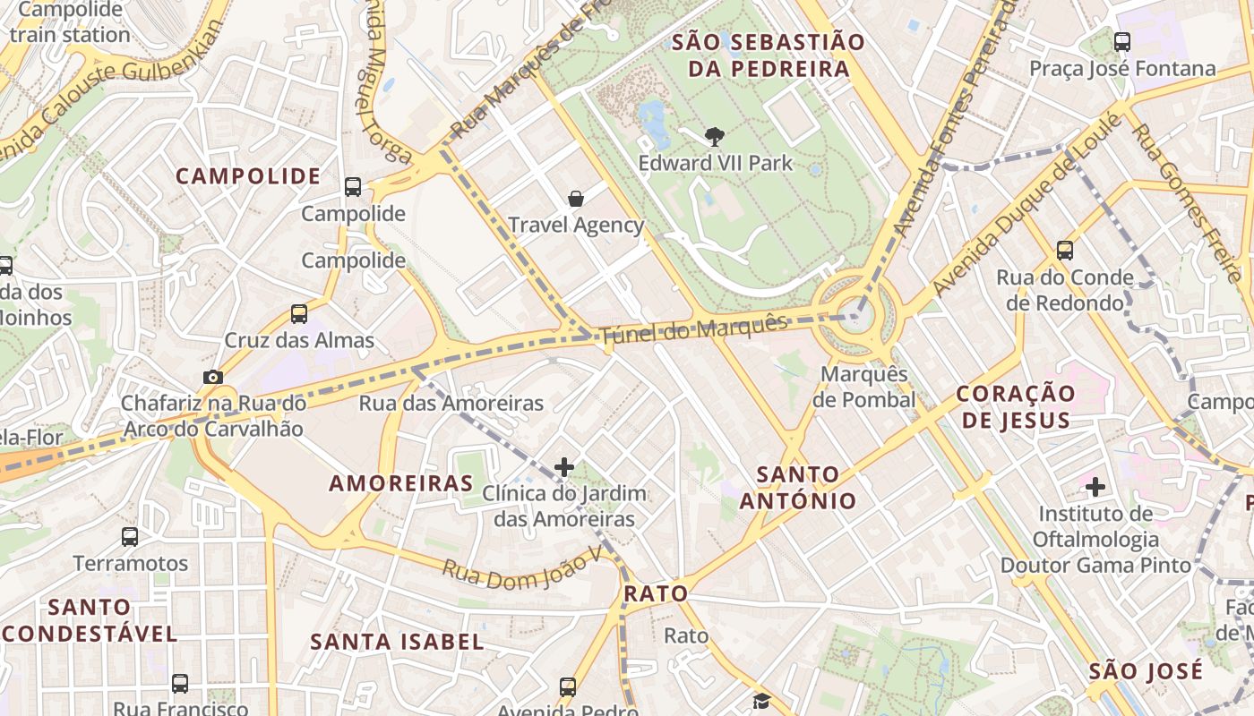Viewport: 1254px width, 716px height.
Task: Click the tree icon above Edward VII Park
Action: (x=714, y=137)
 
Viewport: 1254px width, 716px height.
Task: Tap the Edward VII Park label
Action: (x=715, y=163)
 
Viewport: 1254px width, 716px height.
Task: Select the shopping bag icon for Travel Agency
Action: (x=576, y=199)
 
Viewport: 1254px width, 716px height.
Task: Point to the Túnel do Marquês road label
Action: (x=693, y=328)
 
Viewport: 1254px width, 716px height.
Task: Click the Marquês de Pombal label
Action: (x=864, y=387)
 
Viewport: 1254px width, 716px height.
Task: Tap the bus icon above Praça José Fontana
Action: (x=1121, y=41)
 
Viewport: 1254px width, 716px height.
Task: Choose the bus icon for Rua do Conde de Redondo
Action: (x=1064, y=251)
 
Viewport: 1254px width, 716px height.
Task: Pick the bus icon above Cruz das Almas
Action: (x=299, y=314)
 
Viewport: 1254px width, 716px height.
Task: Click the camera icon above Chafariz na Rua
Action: (x=213, y=377)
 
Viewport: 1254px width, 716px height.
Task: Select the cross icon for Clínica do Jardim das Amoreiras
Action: (x=564, y=466)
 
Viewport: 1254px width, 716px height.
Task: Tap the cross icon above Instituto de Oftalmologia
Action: (x=1095, y=487)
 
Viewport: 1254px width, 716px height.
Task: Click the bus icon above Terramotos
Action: (x=130, y=537)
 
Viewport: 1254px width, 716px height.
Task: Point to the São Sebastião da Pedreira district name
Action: (x=768, y=55)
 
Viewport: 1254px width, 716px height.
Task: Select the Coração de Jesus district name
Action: (x=1014, y=406)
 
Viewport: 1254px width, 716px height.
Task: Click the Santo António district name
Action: (x=798, y=487)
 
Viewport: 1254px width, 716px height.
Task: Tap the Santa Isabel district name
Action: (x=397, y=642)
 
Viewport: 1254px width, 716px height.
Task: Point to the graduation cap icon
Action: (x=760, y=701)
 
